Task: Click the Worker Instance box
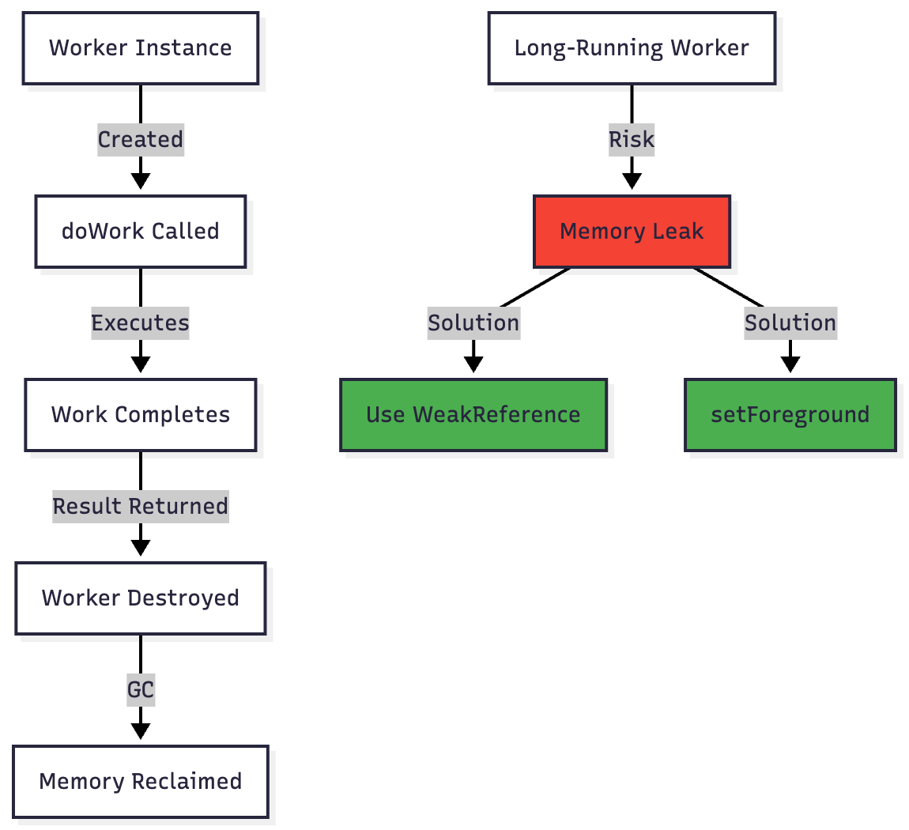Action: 141,48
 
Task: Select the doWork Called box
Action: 141,232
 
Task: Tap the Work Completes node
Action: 141,415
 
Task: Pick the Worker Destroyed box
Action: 141,598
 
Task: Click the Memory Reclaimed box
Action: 141,782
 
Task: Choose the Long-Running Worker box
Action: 632,48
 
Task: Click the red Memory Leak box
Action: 632,232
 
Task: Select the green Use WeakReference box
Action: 473,415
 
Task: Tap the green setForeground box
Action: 790,415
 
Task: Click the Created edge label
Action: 141,140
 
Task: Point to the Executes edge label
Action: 141,323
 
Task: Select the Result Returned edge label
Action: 141,507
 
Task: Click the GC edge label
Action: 141,690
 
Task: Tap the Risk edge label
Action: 632,140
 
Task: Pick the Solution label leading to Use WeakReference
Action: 473,323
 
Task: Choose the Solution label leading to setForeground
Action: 790,323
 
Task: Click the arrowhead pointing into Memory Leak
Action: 632,181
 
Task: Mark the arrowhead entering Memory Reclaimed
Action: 141,731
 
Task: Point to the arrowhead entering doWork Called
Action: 141,181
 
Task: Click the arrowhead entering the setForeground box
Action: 790,364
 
